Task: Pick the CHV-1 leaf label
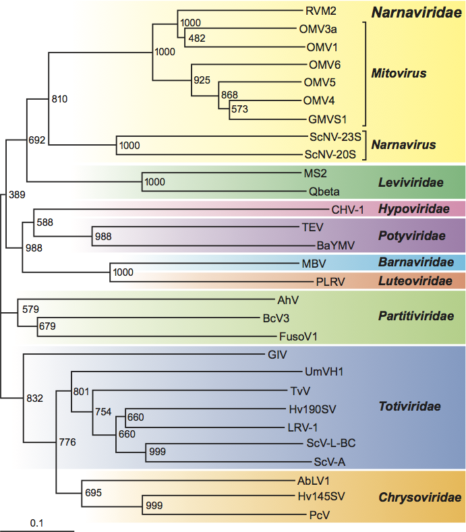click(x=348, y=209)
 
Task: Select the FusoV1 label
click(x=298, y=336)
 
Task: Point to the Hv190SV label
click(x=312, y=408)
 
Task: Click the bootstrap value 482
click(x=198, y=38)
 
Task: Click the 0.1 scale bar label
click(x=37, y=523)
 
